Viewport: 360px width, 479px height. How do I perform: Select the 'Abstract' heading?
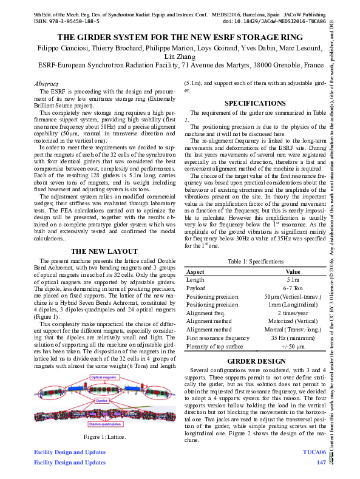(x=46, y=84)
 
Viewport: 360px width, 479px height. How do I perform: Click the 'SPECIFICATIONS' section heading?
(x=255, y=103)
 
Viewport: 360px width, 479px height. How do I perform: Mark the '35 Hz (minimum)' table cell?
(x=293, y=337)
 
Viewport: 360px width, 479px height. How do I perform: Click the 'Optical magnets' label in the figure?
(x=104, y=377)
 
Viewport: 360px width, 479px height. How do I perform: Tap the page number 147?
(x=321, y=462)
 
